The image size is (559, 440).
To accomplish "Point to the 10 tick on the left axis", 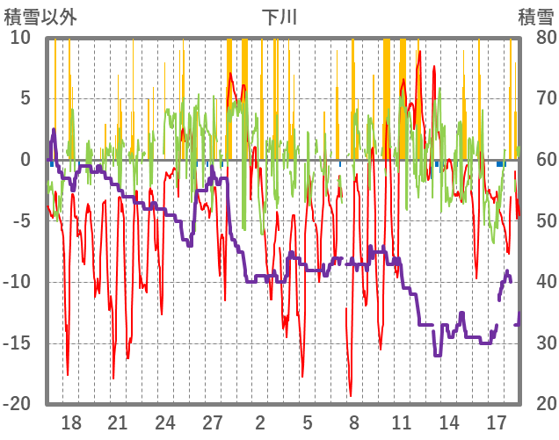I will [20, 38].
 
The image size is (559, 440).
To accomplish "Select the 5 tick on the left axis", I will [25, 98].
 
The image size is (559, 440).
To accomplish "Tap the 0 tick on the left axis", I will [25, 160].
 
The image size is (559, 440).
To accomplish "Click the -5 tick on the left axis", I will [22, 220].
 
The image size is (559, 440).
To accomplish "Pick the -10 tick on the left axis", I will [18, 282].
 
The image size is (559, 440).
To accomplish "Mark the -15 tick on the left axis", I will [18, 343].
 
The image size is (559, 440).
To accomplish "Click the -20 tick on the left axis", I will [18, 404].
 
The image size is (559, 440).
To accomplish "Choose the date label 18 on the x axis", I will [71, 422].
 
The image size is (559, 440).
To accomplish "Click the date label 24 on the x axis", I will [165, 422].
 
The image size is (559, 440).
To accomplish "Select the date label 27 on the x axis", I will [213, 422].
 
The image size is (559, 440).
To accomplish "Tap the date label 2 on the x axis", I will [260, 422].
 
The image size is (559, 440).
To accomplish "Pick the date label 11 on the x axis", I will [402, 422].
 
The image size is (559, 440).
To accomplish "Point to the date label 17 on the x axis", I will [497, 422].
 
